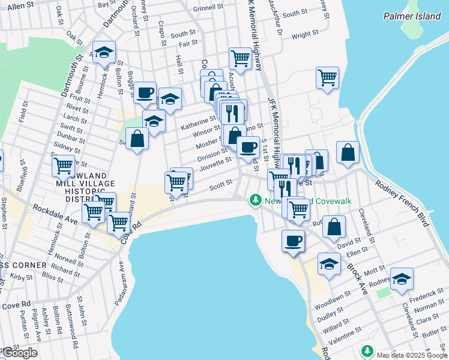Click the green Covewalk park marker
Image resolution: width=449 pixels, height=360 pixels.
(x=256, y=199)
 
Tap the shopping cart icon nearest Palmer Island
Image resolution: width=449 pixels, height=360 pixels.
(x=327, y=77)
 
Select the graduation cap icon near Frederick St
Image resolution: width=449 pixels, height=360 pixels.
(x=402, y=278)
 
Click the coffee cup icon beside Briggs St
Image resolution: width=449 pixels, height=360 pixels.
(x=145, y=92)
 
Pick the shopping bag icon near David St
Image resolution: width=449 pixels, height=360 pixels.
(x=336, y=227)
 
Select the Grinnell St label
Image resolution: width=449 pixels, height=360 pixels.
(x=208, y=9)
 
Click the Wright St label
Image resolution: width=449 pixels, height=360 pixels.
(x=304, y=36)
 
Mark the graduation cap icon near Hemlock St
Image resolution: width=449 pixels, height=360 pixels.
(x=104, y=52)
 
